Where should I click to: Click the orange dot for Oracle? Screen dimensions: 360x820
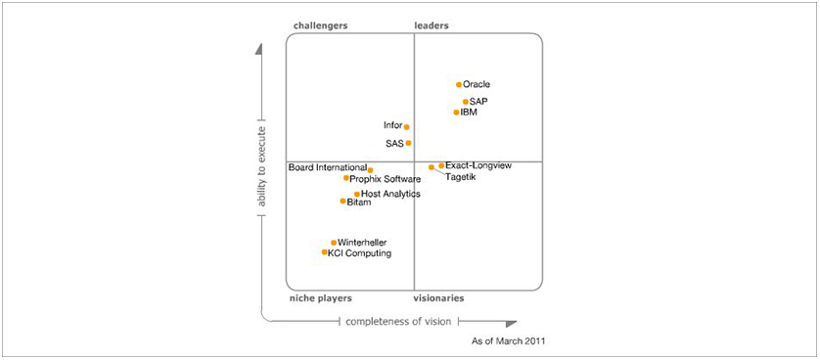tap(459, 85)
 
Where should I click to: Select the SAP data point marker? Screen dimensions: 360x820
tap(466, 102)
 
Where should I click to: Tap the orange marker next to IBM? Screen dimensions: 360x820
tap(457, 112)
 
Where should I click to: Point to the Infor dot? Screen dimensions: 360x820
tap(407, 127)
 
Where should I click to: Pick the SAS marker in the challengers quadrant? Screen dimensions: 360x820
tap(409, 144)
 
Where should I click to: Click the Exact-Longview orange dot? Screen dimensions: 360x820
tap(441, 166)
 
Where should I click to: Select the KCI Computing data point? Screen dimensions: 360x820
tap(325, 252)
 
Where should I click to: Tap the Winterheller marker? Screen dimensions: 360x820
tap(334, 243)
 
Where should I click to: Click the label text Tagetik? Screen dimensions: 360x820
tap(462, 178)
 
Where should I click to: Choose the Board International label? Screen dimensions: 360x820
tap(328, 167)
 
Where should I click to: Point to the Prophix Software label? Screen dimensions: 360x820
tap(386, 179)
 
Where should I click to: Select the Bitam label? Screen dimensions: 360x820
tap(359, 202)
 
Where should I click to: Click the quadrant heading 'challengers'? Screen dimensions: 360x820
tap(320, 25)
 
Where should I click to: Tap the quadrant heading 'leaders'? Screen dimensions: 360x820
tap(433, 25)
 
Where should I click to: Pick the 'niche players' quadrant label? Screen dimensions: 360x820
tap(321, 297)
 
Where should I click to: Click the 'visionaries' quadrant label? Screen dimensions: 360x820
tap(438, 297)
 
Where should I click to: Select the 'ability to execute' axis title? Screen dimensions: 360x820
tap(261, 167)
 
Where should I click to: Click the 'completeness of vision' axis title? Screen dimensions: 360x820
tap(397, 321)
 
